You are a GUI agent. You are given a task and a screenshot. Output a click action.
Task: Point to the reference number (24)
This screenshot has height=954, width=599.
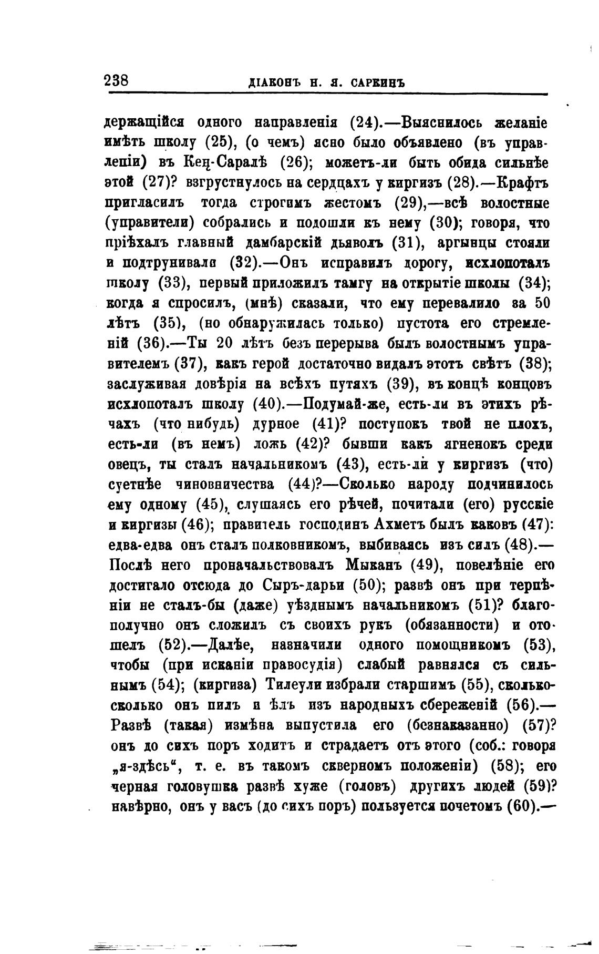point(365,123)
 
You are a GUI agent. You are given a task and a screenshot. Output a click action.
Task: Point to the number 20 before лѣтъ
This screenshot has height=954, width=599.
point(224,344)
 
